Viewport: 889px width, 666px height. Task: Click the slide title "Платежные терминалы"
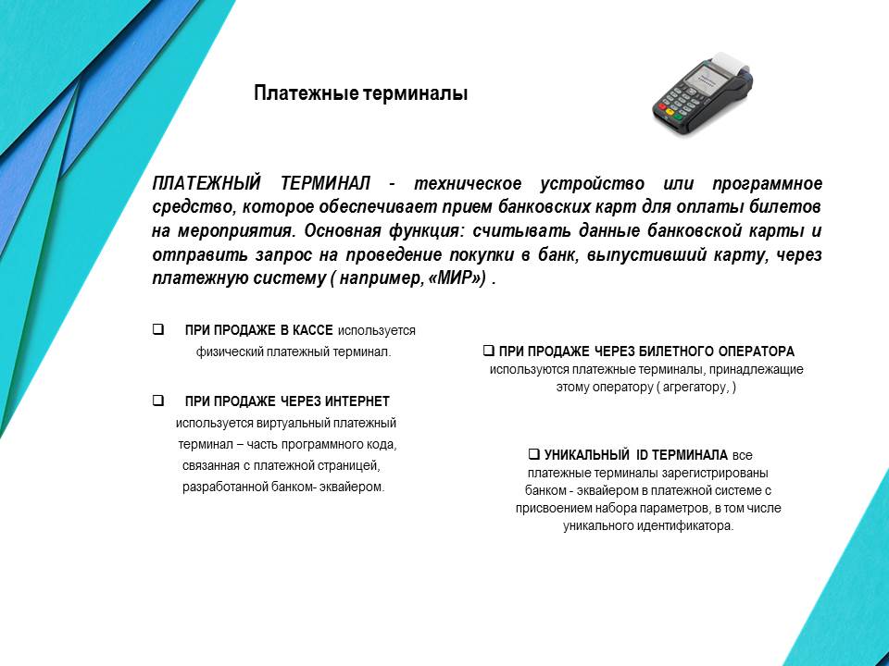[361, 93]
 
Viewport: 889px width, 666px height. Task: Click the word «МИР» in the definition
[457, 279]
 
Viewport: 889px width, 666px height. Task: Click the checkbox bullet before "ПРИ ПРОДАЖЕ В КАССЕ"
[158, 329]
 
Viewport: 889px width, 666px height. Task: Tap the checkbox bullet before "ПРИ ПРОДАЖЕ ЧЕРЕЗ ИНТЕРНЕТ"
[158, 401]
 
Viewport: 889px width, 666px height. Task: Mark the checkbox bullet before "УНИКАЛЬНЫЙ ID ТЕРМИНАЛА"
[533, 454]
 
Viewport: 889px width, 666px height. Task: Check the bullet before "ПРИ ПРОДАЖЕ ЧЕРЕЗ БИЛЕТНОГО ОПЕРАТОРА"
[488, 351]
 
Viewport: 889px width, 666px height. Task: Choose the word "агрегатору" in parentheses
[695, 387]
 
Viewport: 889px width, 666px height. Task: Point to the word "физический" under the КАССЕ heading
[229, 351]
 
